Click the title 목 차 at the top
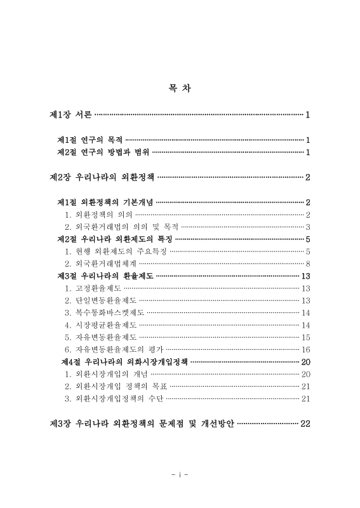tap(180, 88)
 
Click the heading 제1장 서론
tap(72, 115)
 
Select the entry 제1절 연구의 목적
tap(90, 140)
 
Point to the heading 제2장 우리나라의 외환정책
tap(102, 177)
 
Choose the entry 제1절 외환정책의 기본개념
tap(105, 202)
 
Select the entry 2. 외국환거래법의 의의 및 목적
tap(121, 227)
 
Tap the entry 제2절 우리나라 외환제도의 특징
tap(115, 239)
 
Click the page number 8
tap(307, 264)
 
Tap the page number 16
tap(305, 349)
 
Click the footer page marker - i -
tap(180, 474)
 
